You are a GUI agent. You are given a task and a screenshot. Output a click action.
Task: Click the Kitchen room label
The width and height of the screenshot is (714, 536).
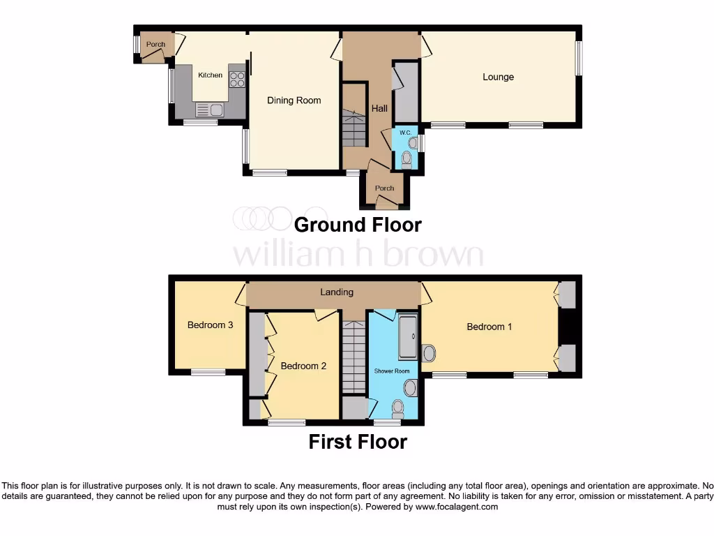click(x=210, y=75)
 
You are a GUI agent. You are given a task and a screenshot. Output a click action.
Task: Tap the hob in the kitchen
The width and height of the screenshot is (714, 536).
click(x=237, y=80)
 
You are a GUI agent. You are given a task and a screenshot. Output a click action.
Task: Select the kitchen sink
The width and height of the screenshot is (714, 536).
click(x=208, y=110)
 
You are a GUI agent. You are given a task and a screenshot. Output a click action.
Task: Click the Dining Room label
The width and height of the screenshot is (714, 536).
click(x=294, y=100)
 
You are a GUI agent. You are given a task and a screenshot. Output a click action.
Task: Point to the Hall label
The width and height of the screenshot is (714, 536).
click(x=379, y=109)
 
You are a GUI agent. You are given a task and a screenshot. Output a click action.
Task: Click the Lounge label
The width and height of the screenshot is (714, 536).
click(x=498, y=77)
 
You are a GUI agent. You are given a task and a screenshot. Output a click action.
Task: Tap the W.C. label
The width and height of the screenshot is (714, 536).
click(x=404, y=132)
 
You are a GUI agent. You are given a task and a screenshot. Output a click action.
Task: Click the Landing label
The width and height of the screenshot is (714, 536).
click(x=337, y=292)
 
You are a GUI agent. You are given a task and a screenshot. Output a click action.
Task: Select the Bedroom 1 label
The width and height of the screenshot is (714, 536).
click(x=489, y=327)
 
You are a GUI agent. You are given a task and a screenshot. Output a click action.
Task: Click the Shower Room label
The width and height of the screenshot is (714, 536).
click(x=392, y=371)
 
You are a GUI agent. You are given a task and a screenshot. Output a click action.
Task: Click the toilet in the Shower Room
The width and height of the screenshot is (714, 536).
click(x=398, y=408)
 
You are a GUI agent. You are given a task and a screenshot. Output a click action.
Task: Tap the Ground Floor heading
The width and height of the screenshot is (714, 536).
click(x=357, y=225)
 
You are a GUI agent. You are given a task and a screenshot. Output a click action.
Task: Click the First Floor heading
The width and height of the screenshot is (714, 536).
click(x=357, y=442)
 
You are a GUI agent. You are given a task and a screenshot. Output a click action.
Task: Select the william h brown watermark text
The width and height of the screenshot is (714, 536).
click(x=357, y=255)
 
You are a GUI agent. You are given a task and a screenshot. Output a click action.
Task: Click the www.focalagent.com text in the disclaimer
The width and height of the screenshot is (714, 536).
click(x=456, y=507)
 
